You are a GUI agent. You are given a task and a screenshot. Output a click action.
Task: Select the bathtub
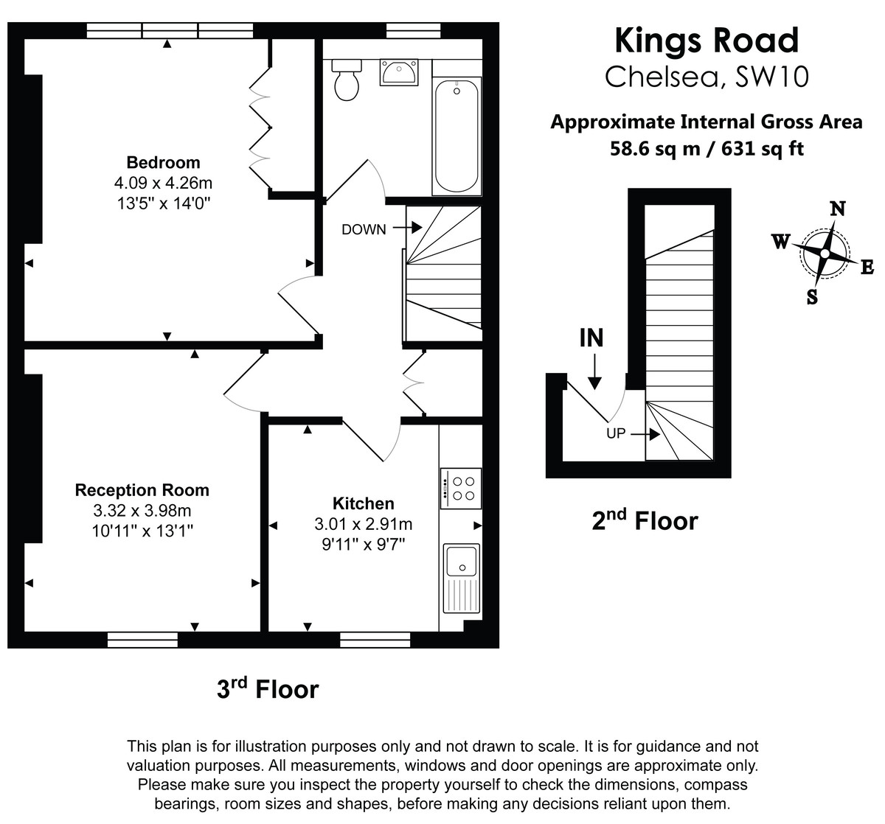point(457,136)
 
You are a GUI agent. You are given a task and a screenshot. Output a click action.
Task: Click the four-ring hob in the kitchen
point(461,488)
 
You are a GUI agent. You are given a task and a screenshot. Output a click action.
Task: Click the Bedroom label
point(163,163)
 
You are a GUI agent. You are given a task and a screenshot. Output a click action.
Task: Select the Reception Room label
point(142,490)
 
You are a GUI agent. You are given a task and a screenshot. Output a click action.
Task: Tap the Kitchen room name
point(364,503)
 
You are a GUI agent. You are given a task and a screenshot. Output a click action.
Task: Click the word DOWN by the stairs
point(364,229)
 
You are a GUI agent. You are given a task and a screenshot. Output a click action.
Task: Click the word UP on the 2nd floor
point(616,433)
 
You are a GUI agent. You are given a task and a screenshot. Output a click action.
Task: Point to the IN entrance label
point(591,338)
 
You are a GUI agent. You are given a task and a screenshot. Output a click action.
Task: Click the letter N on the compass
point(838,209)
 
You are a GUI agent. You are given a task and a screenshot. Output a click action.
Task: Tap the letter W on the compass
point(781,242)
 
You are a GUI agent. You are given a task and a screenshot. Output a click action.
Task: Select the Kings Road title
point(707,41)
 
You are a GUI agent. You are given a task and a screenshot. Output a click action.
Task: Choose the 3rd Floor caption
point(267,689)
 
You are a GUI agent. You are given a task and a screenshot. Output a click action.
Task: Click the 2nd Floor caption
point(645,520)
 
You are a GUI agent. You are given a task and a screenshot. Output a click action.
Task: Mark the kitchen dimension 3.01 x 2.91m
point(364,524)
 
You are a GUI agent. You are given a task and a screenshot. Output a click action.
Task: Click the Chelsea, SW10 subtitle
point(707,77)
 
